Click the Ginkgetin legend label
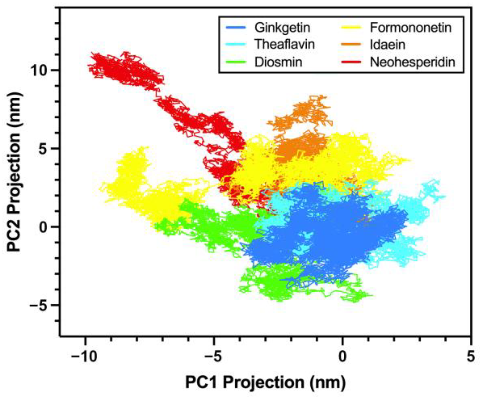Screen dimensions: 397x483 (282, 27)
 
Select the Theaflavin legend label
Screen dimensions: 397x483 (284, 44)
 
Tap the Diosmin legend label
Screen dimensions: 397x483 (278, 62)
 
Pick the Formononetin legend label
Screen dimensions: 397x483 (410, 27)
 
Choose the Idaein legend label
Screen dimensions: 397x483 (387, 45)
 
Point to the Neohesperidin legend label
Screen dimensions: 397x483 (412, 62)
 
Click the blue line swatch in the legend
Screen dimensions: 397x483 (236, 27)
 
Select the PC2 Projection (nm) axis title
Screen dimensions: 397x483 (14, 172)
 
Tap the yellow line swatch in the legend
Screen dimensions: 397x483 (351, 27)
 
